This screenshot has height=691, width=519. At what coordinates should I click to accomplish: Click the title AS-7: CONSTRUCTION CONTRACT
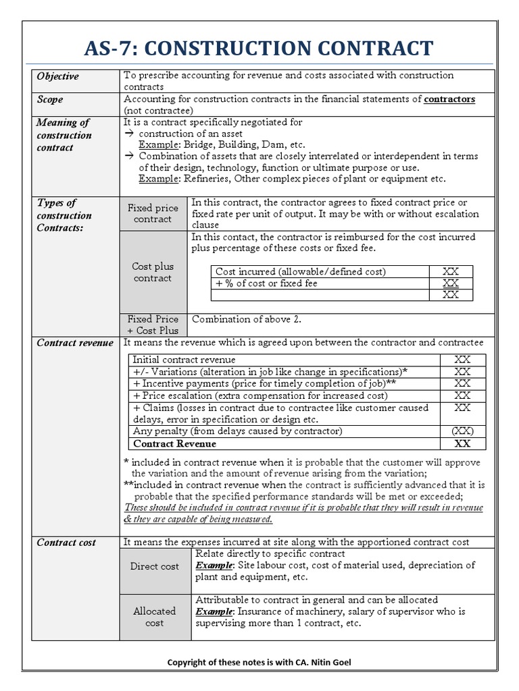coord(259,48)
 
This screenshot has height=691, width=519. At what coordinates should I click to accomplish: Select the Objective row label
coord(57,76)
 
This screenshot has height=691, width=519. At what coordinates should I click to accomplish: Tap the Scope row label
coord(50,99)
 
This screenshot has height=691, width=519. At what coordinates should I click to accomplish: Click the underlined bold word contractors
coord(449,99)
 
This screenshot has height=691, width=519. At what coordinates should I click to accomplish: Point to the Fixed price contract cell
coord(153,213)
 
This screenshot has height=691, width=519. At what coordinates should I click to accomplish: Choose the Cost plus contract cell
coord(153,272)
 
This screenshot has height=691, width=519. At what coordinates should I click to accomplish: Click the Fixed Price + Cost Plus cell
coord(153,325)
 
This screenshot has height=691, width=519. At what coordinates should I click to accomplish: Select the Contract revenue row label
coord(75,343)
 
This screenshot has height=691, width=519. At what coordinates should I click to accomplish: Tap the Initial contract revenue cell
coord(184,360)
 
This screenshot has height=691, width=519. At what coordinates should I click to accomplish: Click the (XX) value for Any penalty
coord(462,431)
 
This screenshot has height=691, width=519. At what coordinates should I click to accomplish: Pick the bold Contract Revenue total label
coord(175,443)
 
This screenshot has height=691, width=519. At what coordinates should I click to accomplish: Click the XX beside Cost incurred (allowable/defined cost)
coord(450,271)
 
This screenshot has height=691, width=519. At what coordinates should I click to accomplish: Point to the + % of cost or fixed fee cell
coord(266,283)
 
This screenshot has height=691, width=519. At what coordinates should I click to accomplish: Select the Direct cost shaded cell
coord(155,566)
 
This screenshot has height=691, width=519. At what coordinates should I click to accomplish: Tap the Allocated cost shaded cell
coord(155,617)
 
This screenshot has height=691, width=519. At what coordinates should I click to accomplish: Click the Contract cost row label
coord(66,543)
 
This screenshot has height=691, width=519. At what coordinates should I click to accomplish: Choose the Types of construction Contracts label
coord(64,215)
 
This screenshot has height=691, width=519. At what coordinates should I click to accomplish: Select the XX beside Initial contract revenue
coord(462,360)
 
